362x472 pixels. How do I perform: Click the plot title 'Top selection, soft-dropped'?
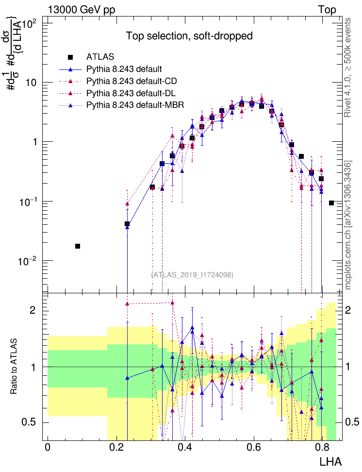click(189, 36)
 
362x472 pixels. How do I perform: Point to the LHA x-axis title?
click(330, 462)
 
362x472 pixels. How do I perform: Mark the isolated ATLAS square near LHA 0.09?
click(78, 246)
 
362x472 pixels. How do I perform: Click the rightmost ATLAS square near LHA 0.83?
click(331, 203)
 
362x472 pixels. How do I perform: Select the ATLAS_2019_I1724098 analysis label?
click(193, 275)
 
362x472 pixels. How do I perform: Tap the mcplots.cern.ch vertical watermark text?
click(348, 225)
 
